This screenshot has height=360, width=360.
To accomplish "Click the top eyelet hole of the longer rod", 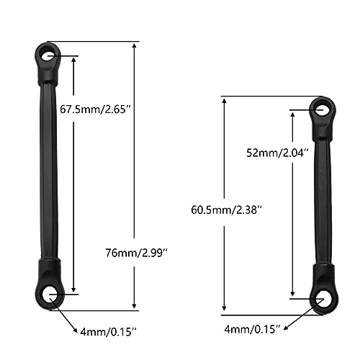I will click(49, 55).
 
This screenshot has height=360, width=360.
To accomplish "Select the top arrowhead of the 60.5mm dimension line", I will click(226, 100).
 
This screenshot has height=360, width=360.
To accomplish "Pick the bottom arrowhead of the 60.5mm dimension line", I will click(226, 310).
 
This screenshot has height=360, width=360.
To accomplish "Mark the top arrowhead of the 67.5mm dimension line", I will click(74, 58).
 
